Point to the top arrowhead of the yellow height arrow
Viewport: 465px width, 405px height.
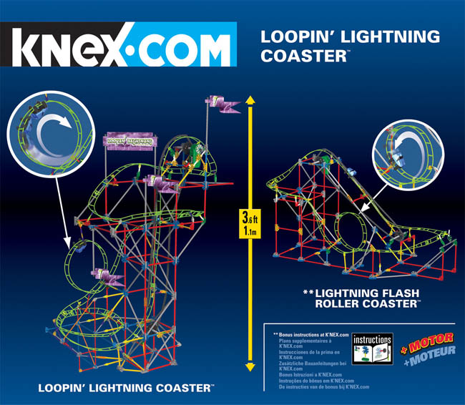pyautogui.click(x=250, y=99)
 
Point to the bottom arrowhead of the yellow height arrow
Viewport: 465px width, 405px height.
pyautogui.click(x=250, y=366)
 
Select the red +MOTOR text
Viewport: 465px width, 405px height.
pyautogui.click(x=422, y=341)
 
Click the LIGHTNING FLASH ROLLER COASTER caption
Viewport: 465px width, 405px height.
pyautogui.click(x=362, y=298)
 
